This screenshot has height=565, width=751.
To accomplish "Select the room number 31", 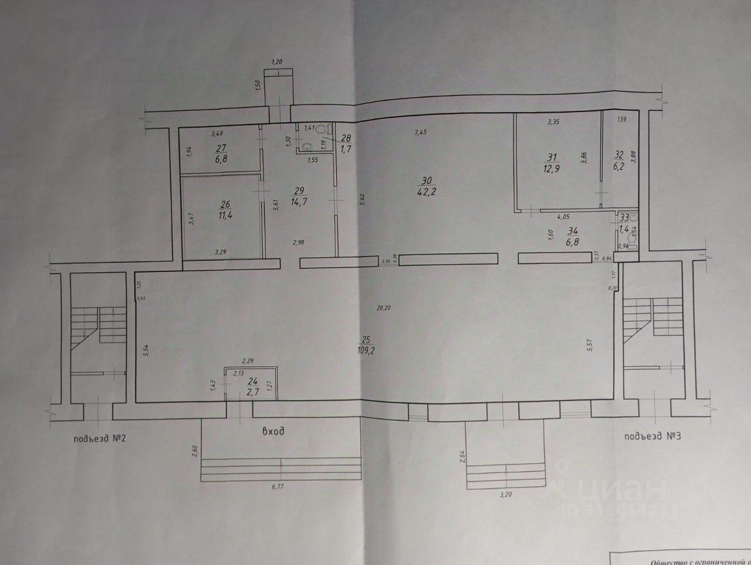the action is [x=551, y=158].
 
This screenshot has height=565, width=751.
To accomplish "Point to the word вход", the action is [x=273, y=431].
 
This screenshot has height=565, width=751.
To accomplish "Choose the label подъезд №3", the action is [x=652, y=435].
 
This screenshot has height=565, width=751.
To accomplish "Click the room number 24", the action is [x=253, y=381].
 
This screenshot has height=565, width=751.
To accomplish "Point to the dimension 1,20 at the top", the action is [x=277, y=62].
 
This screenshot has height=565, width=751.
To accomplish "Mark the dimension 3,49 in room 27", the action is [x=217, y=133].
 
